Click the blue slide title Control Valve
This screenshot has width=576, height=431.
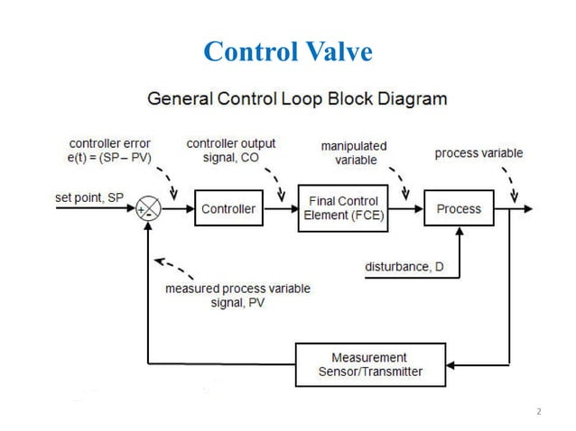click(288, 51)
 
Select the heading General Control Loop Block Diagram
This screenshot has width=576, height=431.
click(297, 97)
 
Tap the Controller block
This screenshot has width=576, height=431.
click(228, 209)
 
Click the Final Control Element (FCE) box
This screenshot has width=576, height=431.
click(344, 209)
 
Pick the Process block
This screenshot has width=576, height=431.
click(459, 209)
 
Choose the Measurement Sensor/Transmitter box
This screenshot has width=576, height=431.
click(369, 364)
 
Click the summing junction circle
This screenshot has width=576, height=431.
click(149, 209)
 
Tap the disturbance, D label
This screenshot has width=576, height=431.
click(404, 266)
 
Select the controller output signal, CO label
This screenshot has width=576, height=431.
click(231, 150)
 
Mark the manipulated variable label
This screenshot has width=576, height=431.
click(355, 153)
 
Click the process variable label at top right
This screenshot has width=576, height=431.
click(478, 153)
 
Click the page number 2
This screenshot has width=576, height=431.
click(539, 412)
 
